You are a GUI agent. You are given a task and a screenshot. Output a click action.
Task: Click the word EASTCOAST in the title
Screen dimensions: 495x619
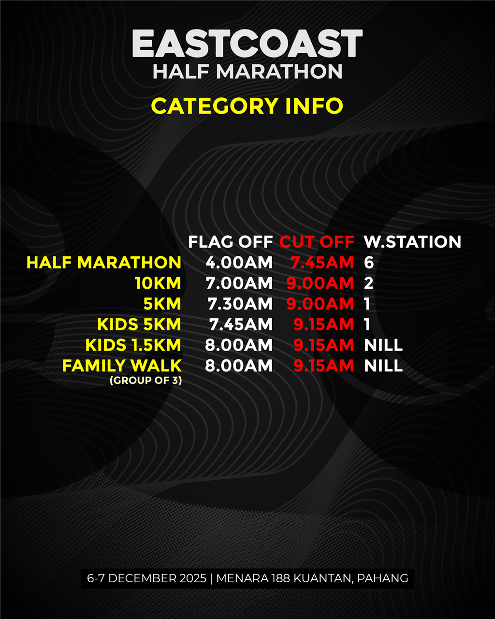point(247,44)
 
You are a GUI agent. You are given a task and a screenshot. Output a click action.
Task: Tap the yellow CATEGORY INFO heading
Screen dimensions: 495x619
point(247,106)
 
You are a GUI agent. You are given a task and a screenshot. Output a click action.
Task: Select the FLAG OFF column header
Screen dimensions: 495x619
point(231,242)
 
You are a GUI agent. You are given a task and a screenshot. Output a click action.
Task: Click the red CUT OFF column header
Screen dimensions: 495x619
point(317,242)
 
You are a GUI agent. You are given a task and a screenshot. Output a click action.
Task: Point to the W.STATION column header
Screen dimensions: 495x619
point(412,242)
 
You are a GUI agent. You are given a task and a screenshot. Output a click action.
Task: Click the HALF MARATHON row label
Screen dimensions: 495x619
point(104,263)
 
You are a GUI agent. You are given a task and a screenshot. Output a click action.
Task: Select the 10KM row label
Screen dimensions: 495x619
point(158,283)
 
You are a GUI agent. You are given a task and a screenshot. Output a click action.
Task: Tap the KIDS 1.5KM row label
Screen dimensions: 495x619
point(133,345)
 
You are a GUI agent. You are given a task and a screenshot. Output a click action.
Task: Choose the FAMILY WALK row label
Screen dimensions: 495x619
point(122,366)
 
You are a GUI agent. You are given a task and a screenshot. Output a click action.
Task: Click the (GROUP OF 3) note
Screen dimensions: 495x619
point(146,380)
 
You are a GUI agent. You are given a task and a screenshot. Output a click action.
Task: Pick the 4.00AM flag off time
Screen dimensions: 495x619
point(239,263)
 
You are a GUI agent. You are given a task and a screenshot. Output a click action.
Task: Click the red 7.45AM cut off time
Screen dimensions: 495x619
point(322,263)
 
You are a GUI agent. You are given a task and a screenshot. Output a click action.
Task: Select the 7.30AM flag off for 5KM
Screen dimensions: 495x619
point(240,304)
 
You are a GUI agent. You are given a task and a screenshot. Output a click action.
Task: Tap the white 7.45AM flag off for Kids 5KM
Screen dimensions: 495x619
point(241,324)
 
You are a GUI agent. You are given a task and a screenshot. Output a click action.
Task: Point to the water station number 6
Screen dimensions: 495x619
point(369,263)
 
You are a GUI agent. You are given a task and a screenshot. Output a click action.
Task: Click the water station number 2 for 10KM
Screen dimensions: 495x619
point(369,283)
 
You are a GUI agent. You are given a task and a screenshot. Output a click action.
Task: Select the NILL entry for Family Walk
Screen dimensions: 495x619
point(383,366)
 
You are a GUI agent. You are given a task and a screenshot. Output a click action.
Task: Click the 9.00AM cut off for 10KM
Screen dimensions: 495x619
point(320,283)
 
